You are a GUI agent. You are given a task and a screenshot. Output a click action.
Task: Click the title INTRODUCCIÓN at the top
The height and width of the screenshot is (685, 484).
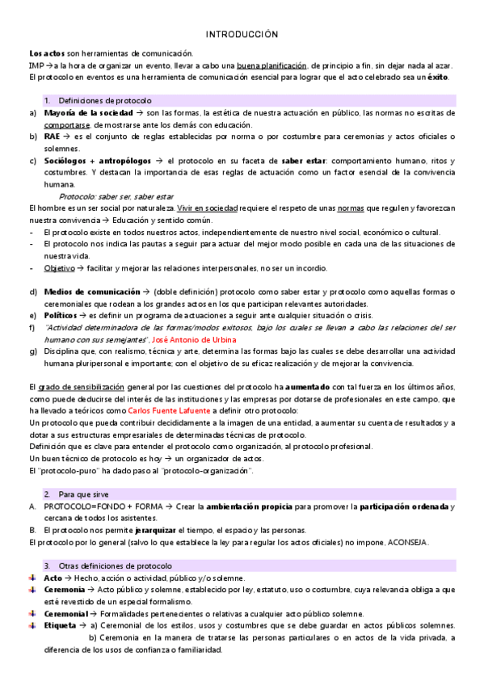(x=242, y=35)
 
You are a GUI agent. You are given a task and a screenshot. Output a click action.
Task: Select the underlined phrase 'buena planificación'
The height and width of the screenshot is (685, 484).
(x=271, y=65)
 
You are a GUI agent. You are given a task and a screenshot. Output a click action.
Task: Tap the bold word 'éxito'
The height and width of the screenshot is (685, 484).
(x=437, y=77)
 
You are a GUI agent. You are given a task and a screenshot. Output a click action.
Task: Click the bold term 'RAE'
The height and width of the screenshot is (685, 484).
(x=52, y=137)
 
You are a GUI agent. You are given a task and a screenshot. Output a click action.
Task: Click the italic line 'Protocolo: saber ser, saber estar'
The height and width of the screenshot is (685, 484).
(x=116, y=196)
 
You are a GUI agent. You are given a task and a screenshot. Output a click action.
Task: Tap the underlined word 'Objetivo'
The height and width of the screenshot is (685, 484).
(x=59, y=267)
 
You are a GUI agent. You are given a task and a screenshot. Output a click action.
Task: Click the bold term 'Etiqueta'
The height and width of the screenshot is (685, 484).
(x=60, y=625)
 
